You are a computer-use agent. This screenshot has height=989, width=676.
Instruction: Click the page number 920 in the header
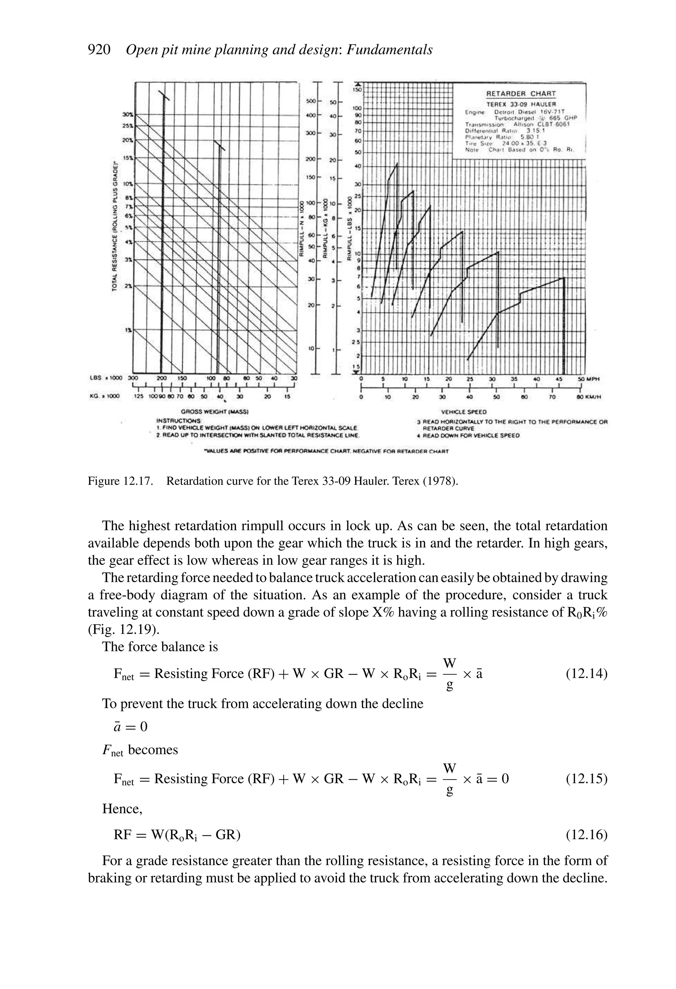tap(99, 50)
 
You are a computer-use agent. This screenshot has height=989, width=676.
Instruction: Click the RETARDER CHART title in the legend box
tap(521, 94)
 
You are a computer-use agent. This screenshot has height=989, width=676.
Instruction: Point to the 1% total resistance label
tap(127, 330)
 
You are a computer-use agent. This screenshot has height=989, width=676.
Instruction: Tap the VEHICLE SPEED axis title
tap(463, 412)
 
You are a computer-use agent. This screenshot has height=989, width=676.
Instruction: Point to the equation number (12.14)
tap(586, 674)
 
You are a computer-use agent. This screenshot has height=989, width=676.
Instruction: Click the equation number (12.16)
tap(586, 835)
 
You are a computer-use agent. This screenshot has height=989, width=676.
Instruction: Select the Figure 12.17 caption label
tap(120, 481)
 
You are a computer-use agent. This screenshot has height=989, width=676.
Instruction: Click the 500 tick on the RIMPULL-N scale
tap(311, 101)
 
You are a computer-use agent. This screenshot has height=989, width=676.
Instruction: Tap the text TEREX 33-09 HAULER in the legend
tap(521, 104)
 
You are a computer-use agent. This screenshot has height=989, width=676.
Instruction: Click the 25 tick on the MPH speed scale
tap(469, 379)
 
